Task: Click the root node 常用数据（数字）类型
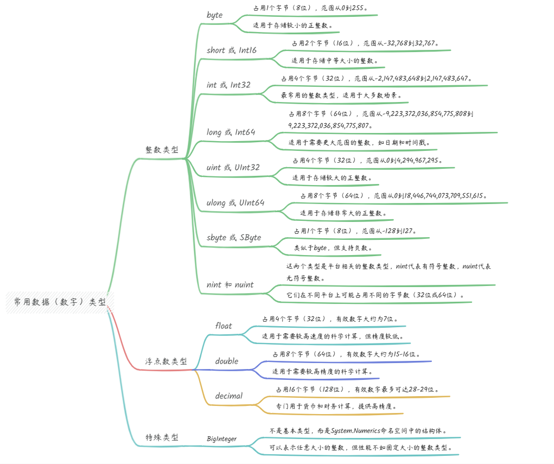(60, 302)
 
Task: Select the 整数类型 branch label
(162, 150)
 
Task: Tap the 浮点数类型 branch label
(166, 361)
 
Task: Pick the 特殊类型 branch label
(162, 437)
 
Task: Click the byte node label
(214, 15)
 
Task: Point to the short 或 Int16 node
(232, 50)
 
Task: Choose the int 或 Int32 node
(228, 85)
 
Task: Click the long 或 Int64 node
(231, 132)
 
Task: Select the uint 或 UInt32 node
(233, 167)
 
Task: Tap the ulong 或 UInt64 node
(235, 202)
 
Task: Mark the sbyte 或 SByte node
(234, 238)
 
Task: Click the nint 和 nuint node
(230, 285)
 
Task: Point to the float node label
(224, 326)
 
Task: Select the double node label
(227, 361)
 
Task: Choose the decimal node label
(229, 396)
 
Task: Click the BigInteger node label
(221, 438)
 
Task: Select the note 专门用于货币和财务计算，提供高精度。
(336, 406)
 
